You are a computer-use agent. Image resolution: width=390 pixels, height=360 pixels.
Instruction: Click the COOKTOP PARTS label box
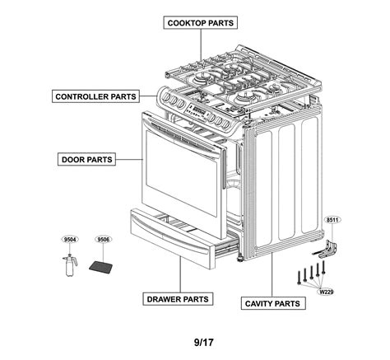click(200, 22)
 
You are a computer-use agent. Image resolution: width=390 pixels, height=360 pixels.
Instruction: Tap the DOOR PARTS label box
click(86, 158)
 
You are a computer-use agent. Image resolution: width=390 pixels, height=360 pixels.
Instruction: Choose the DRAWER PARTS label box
click(176, 298)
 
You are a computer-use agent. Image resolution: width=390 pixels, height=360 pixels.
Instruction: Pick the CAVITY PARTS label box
click(272, 303)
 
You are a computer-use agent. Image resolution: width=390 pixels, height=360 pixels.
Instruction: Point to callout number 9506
click(103, 240)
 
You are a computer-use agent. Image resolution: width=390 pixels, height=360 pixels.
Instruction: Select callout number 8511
click(332, 221)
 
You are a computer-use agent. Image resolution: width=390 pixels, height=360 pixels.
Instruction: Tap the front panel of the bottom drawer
click(172, 239)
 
